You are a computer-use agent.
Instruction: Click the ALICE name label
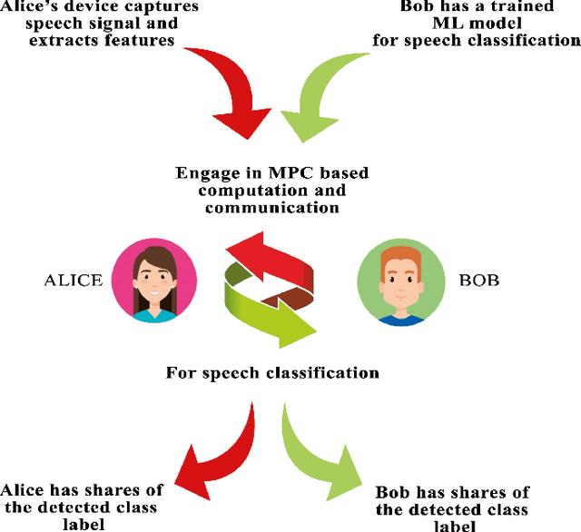pyautogui.click(x=74, y=281)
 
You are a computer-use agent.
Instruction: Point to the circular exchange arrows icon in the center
pyautogui.click(x=271, y=289)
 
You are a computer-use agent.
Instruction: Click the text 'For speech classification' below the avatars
pyautogui.click(x=272, y=372)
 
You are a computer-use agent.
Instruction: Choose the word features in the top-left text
pyautogui.click(x=139, y=41)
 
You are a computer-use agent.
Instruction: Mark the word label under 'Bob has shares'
pyautogui.click(x=451, y=526)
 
